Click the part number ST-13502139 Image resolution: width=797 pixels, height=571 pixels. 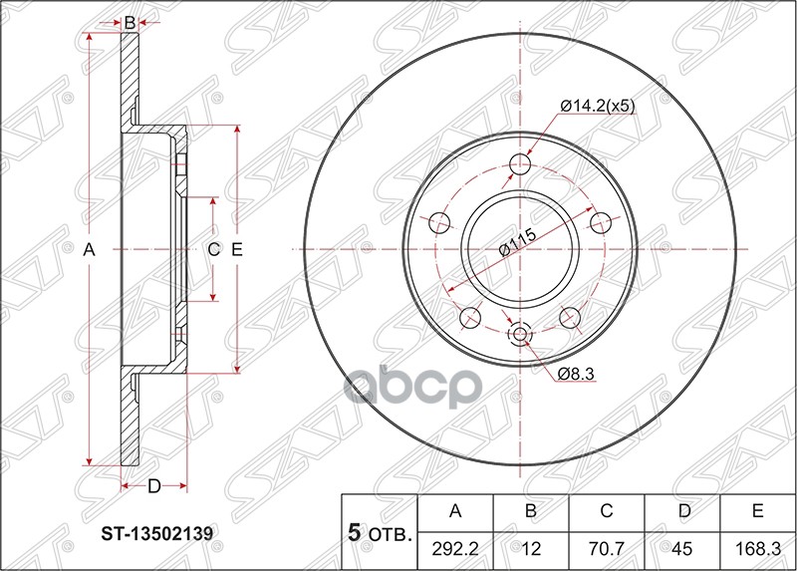click(158, 533)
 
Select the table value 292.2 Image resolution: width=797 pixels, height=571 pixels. click(455, 547)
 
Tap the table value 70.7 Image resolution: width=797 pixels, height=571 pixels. click(607, 547)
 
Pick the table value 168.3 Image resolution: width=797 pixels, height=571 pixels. click(758, 547)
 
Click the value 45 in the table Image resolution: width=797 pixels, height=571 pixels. click(682, 547)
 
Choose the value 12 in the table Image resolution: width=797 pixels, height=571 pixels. click(531, 547)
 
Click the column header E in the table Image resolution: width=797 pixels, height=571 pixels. click(758, 511)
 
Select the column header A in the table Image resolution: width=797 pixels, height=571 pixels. click(455, 511)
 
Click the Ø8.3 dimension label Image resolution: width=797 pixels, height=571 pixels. click(577, 373)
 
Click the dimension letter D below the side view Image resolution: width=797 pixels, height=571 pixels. click(153, 486)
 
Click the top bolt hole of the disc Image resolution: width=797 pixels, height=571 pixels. click(519, 164)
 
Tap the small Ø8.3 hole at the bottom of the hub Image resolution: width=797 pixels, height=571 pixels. click(519, 334)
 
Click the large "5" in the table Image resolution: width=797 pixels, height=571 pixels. click(354, 533)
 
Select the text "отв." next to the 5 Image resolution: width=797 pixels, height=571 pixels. click(390, 535)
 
